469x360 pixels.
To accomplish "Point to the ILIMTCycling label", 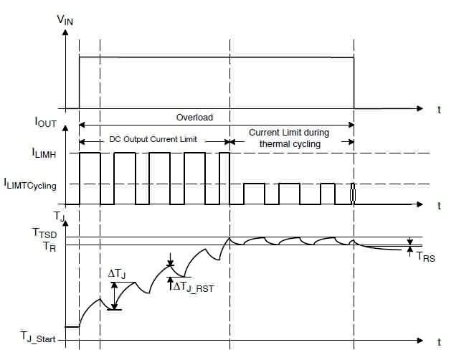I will coord(32,185).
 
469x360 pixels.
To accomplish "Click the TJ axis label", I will coord(60,214).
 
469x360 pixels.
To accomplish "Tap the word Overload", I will coord(195,117).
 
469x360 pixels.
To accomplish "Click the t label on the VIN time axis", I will coord(437,110).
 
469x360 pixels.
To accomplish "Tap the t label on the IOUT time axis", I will coord(437,206).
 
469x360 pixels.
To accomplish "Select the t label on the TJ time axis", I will coord(437,341).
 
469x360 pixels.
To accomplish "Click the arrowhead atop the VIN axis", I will coord(66,34).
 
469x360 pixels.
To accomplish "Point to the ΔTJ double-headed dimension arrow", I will coord(115,295).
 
